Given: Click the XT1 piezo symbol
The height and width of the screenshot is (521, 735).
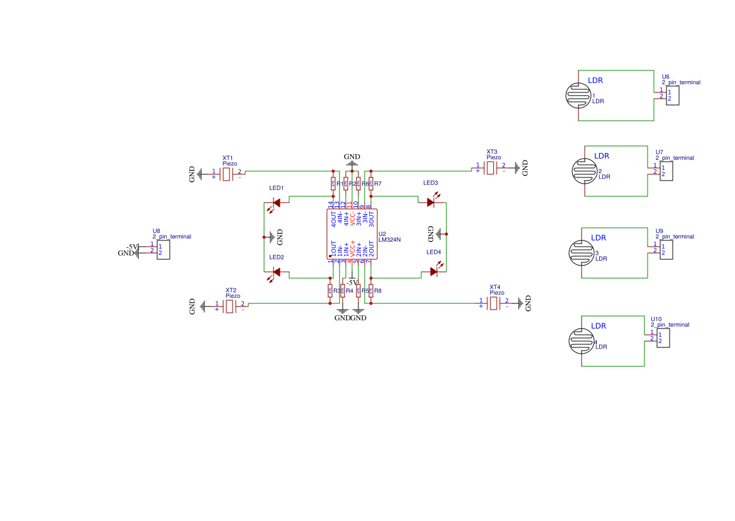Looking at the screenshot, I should click(x=227, y=173).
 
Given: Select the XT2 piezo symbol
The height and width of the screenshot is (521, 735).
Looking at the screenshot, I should click(x=230, y=306).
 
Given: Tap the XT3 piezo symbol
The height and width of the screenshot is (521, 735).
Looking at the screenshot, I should click(x=491, y=168).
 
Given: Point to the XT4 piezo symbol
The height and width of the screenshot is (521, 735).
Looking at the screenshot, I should click(x=494, y=304).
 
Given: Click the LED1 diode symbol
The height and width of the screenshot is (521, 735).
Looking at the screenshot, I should click(x=276, y=203).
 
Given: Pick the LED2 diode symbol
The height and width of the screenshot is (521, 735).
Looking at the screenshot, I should click(x=276, y=272).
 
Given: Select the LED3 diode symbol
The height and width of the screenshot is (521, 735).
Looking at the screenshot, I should click(x=431, y=202).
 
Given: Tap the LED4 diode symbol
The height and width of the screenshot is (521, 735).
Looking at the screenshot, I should click(x=434, y=272).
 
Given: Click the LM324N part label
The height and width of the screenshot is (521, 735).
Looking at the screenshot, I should click(x=390, y=240).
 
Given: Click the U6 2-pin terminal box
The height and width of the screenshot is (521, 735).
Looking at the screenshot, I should click(x=673, y=96).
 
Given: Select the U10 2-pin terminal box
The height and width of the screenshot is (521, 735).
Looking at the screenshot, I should click(x=662, y=339).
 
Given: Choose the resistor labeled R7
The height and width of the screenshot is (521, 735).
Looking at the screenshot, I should click(x=371, y=184).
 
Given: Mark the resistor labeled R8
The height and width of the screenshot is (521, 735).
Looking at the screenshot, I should click(x=371, y=290).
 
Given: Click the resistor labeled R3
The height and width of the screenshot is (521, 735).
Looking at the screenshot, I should click(x=330, y=290).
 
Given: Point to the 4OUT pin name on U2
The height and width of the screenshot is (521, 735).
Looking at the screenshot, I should click(x=334, y=219).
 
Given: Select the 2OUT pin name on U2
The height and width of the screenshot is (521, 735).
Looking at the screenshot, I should click(x=371, y=249).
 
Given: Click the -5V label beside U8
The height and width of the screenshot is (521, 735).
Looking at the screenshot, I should click(x=131, y=246).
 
